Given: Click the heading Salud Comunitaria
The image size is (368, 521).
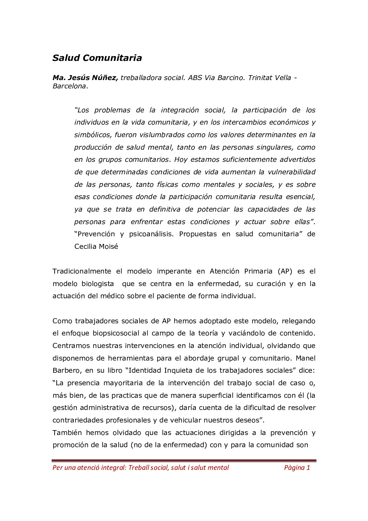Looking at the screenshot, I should (x=97, y=58).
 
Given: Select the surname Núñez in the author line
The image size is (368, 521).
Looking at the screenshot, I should (x=105, y=78).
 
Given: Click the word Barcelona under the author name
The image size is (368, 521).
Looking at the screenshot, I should (x=70, y=86).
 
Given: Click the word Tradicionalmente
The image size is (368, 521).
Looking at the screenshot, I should (x=82, y=271).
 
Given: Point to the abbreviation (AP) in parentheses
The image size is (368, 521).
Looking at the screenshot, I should (x=285, y=271).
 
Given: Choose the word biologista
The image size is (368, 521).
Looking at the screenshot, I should (x=97, y=284).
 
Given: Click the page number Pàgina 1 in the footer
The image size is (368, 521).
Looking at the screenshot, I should (x=297, y=467).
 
